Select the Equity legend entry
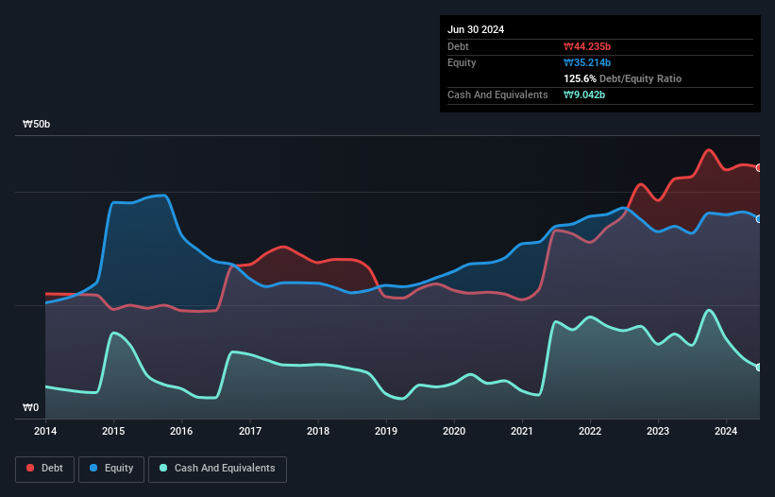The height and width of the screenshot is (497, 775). [111, 468]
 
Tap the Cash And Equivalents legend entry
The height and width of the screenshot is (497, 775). [217, 468]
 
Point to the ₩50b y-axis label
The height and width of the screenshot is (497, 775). [37, 125]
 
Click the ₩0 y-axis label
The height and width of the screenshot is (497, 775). [31, 408]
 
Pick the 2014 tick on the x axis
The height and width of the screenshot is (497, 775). [45, 432]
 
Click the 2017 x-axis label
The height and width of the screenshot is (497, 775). [250, 432]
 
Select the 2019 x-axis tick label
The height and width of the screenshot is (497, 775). [386, 432]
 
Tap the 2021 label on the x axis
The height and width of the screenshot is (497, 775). [522, 432]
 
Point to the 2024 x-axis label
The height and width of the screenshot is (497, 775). [726, 432]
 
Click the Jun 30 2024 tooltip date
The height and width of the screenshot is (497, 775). [476, 29]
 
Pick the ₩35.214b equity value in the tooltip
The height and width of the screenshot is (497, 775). [588, 62]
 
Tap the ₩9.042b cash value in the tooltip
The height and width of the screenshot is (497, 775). [584, 94]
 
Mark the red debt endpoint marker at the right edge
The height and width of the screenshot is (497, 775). [759, 168]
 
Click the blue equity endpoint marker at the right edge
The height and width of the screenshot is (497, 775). [759, 219]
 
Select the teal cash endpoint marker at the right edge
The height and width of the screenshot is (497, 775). [759, 368]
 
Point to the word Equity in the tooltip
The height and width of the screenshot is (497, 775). [462, 62]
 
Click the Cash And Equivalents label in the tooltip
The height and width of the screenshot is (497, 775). [497, 94]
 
